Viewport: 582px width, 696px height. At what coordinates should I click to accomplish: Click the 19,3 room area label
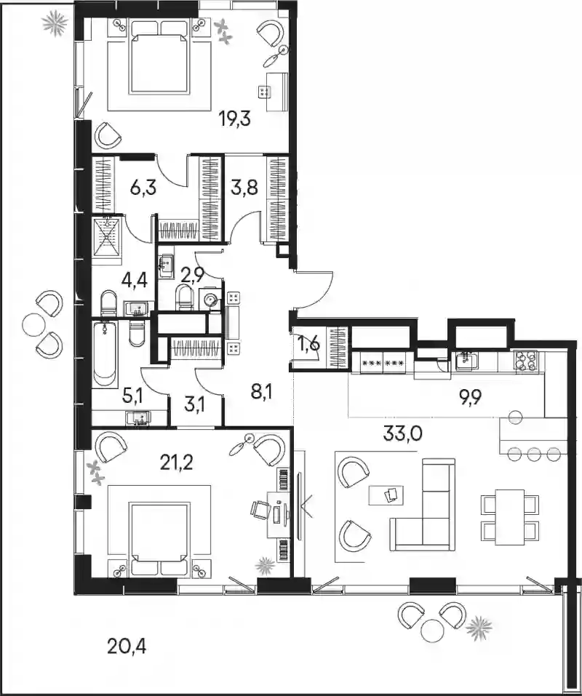coord(235,119)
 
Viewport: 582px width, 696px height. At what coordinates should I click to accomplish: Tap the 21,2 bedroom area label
coord(176,464)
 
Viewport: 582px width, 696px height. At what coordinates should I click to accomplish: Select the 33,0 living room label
coord(403,433)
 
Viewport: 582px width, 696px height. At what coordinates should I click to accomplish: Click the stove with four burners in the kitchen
coord(526,360)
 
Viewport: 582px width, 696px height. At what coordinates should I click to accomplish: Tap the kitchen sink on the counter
coord(467,361)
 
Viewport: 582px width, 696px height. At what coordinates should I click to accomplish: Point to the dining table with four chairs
coord(510,516)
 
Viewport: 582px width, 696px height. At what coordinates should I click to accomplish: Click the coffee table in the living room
coord(386,495)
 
